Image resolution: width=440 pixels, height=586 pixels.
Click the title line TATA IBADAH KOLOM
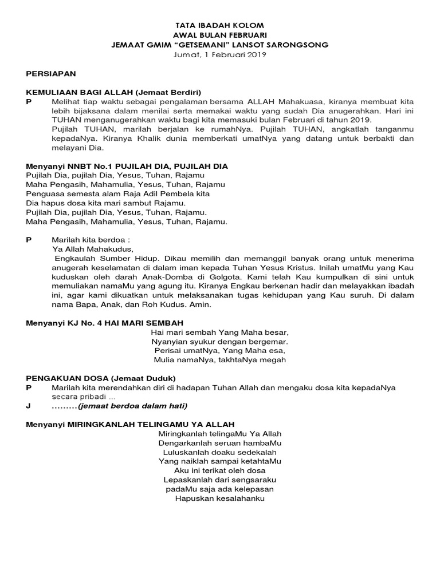click(219, 26)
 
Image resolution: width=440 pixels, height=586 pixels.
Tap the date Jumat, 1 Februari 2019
click(219, 55)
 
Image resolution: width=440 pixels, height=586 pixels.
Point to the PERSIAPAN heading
click(51, 74)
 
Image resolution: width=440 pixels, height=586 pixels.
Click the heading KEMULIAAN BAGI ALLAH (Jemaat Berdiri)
click(114, 92)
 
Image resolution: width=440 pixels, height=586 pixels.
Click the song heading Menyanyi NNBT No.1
click(70, 166)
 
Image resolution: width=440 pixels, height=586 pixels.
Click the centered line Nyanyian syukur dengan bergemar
click(219, 341)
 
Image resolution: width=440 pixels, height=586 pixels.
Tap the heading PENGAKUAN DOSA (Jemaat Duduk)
click(101, 378)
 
